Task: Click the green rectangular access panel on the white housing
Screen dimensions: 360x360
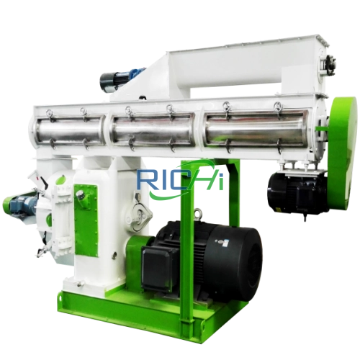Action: tap(85, 209)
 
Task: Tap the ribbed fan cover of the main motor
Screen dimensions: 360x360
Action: tap(245, 259)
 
